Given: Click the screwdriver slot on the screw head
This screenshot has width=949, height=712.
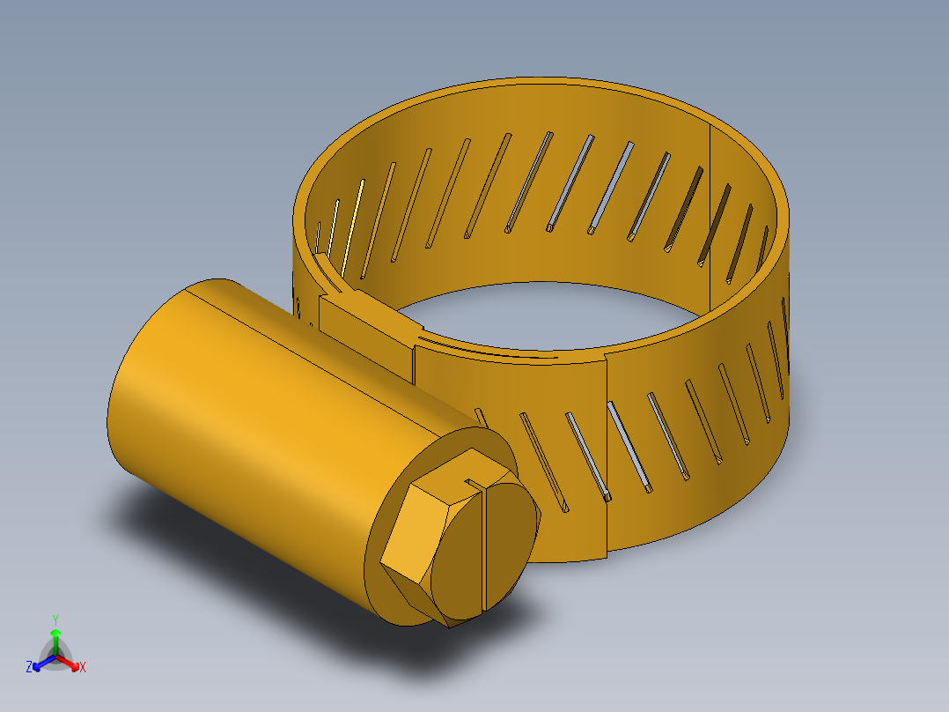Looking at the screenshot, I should click(x=486, y=546).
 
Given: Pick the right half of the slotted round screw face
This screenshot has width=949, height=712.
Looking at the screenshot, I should click(x=511, y=538).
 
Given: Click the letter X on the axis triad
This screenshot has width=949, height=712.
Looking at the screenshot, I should click(x=83, y=668).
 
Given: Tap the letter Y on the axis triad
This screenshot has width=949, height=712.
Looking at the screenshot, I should click(x=55, y=619).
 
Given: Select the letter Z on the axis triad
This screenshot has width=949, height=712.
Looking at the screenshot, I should click(x=29, y=668).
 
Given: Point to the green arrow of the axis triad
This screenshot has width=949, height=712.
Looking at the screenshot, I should click(x=55, y=638).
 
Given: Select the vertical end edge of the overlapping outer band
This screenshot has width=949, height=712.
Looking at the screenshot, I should click(x=607, y=458).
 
